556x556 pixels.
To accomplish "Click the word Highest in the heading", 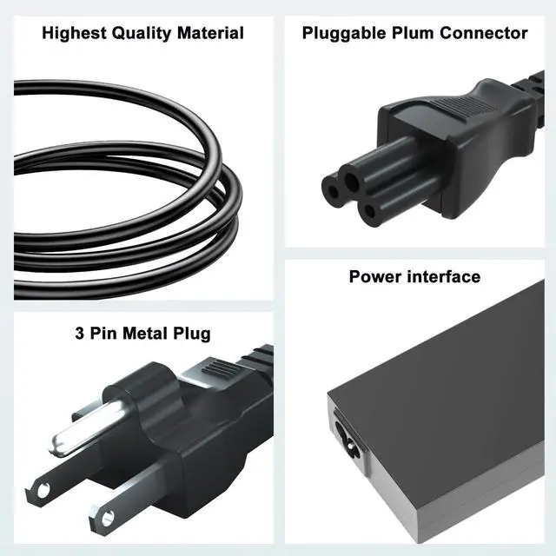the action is pos(74,34).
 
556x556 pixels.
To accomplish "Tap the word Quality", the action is pos(140,34).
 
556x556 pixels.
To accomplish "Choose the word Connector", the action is pos(484,33).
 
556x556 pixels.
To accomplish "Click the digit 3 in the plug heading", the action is pos(79,333).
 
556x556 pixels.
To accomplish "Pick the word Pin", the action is pos(104,333).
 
